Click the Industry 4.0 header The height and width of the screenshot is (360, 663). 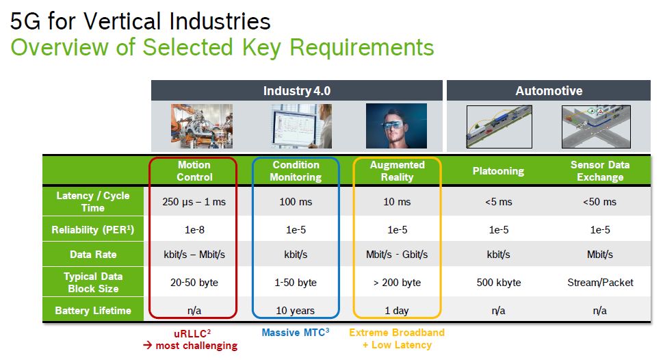tap(297, 90)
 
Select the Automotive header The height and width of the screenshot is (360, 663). tap(549, 90)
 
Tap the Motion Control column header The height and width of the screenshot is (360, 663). tap(194, 171)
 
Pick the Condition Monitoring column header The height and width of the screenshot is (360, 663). tap(296, 171)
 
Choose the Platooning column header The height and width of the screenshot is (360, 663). tap(498, 171)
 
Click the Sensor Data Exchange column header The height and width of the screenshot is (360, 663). tap(599, 171)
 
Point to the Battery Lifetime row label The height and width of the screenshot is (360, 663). tap(93, 311)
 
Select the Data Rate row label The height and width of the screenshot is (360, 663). tap(93, 254)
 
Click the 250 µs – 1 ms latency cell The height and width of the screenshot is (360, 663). tap(194, 202)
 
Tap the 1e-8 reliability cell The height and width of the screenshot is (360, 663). tap(194, 230)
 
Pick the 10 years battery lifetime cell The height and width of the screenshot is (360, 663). tap(295, 311)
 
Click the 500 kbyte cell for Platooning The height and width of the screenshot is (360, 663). tap(499, 283)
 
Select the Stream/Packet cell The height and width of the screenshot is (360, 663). tap(600, 283)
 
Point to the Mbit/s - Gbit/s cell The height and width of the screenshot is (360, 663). tap(397, 254)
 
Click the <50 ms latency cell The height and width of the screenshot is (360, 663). tap(599, 202)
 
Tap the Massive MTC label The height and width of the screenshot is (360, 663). tap(295, 333)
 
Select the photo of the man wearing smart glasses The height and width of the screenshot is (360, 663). tap(396, 126)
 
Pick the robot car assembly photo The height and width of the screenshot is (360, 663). tap(202, 126)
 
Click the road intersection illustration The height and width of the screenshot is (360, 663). tap(596, 127)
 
